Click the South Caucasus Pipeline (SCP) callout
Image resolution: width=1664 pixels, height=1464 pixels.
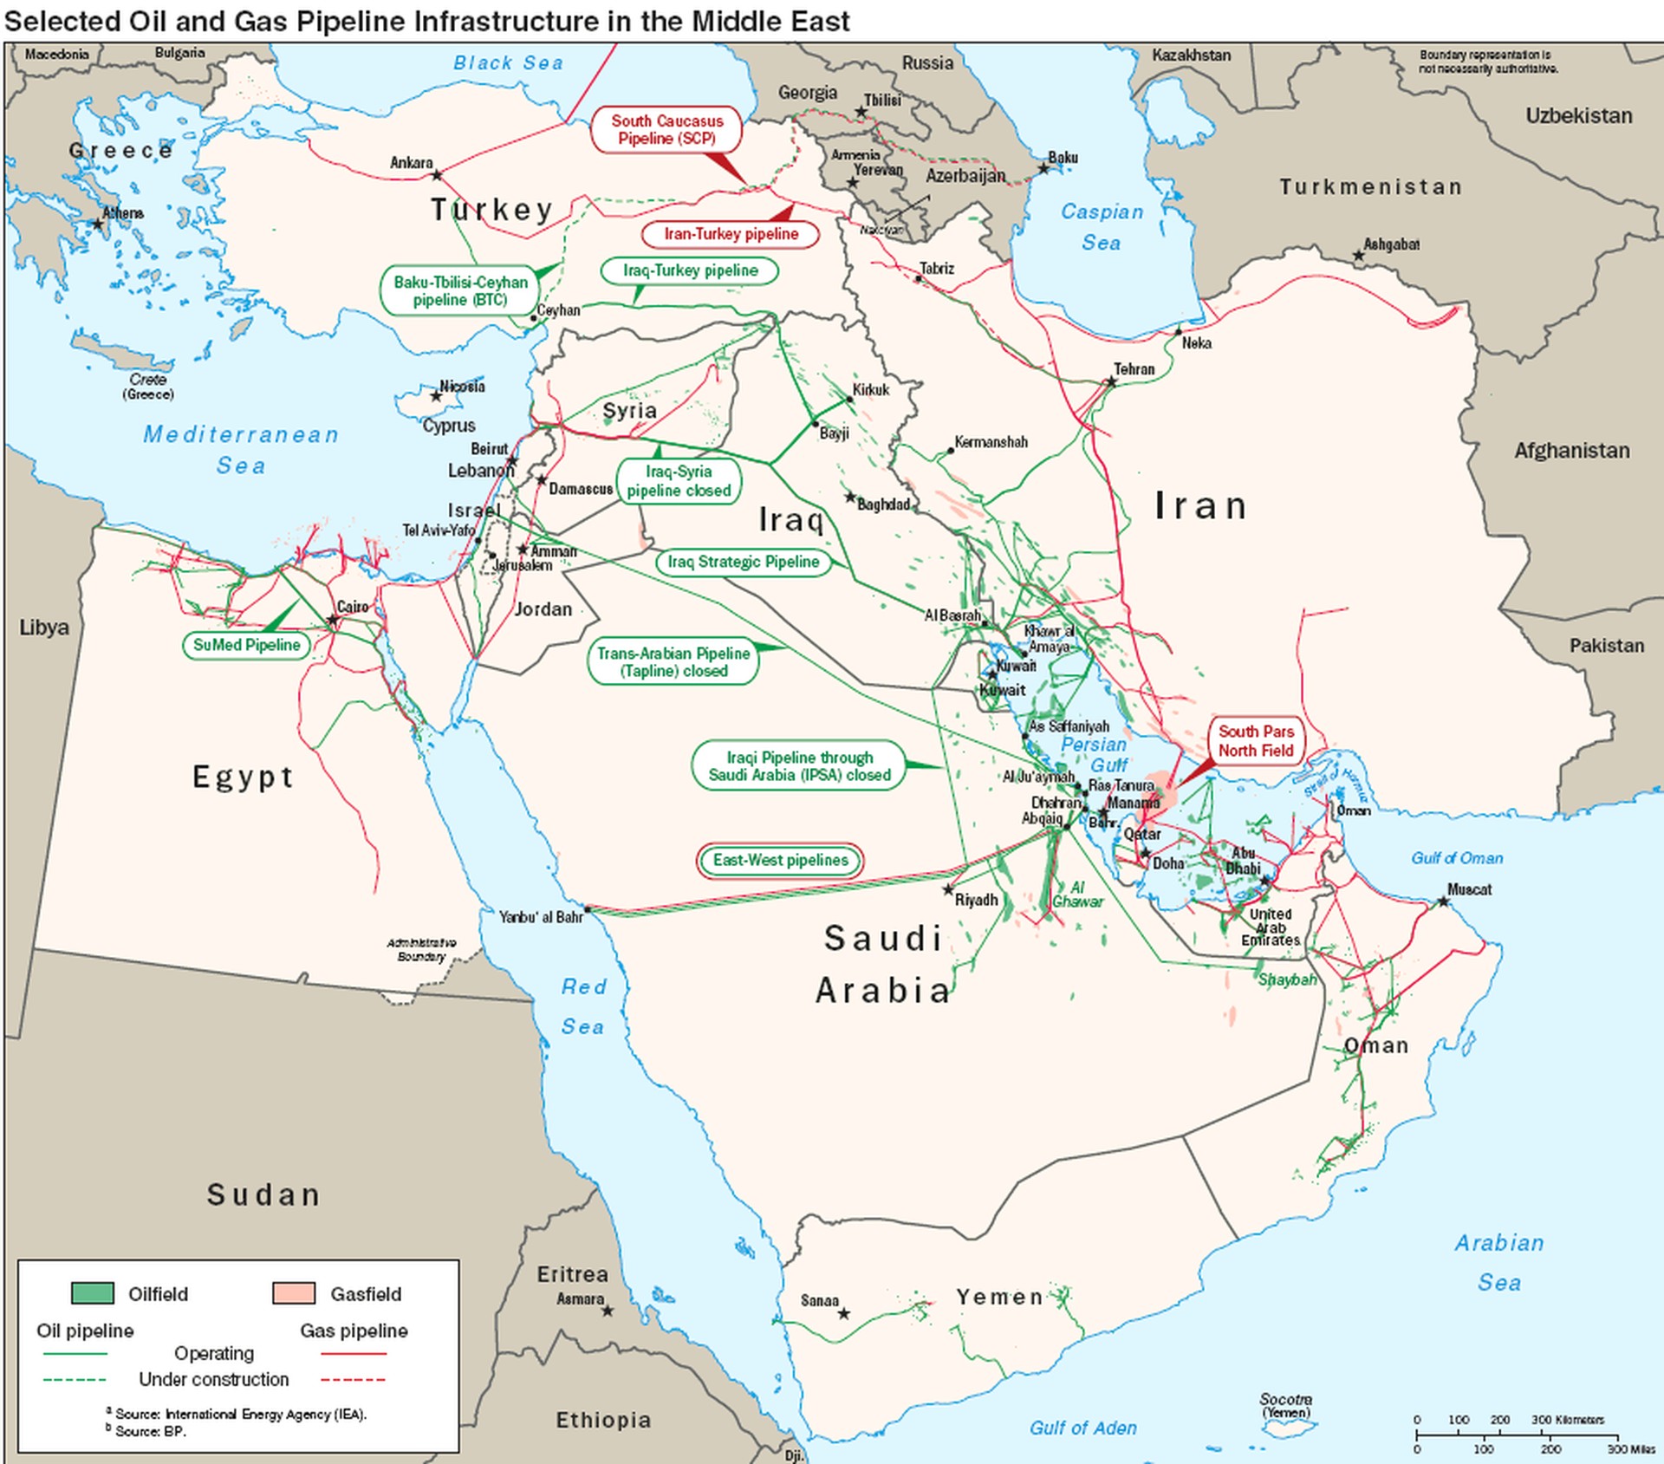click(x=666, y=130)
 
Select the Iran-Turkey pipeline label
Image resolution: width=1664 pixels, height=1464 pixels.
click(x=731, y=234)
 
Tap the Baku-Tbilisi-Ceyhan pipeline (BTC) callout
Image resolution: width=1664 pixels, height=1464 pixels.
click(x=460, y=290)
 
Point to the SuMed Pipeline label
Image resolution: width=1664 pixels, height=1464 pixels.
click(x=246, y=645)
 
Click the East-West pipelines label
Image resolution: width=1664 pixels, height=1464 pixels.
click(x=780, y=860)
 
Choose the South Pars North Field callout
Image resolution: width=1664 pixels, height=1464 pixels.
click(x=1256, y=741)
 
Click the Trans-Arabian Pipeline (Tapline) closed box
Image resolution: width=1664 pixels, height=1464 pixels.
click(x=673, y=662)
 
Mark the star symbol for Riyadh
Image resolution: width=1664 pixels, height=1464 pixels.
click(x=948, y=890)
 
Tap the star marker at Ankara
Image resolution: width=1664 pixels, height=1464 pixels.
click(x=437, y=175)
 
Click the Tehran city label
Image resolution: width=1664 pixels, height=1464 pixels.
click(x=1134, y=369)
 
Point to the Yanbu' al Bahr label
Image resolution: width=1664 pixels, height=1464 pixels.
click(x=541, y=917)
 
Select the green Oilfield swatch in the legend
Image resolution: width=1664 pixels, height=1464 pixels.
click(x=92, y=1293)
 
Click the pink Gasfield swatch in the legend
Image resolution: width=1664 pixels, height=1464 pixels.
click(x=294, y=1293)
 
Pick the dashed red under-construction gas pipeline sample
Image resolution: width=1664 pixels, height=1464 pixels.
click(x=353, y=1379)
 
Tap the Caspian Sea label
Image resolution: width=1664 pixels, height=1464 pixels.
click(x=1102, y=227)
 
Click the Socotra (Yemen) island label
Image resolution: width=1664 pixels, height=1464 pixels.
click(x=1285, y=1405)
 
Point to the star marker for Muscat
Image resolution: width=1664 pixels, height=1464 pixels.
click(x=1443, y=901)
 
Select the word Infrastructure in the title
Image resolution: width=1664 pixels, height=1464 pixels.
click(x=507, y=21)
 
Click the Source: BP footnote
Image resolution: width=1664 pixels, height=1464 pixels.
click(x=150, y=1431)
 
